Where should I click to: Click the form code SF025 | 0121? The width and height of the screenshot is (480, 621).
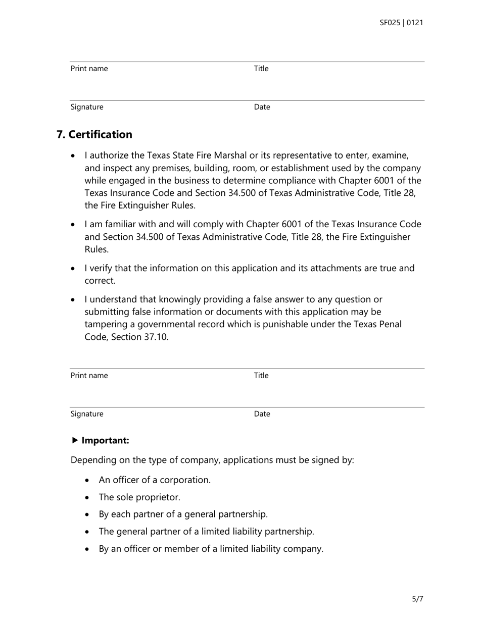point(401,23)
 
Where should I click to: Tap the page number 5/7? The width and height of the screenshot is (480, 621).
point(417,599)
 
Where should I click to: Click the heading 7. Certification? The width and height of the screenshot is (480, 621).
point(94,134)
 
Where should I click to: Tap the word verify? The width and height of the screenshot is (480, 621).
point(103,268)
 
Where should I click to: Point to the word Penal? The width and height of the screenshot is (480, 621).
point(390,324)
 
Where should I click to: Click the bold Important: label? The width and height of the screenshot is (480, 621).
point(105,440)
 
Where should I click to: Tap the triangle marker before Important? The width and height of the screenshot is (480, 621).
point(75,440)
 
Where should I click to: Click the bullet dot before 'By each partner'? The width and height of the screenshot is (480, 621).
point(88,514)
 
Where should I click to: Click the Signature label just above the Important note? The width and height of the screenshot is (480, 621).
point(87,414)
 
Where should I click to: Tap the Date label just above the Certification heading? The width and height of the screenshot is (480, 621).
point(262,107)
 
